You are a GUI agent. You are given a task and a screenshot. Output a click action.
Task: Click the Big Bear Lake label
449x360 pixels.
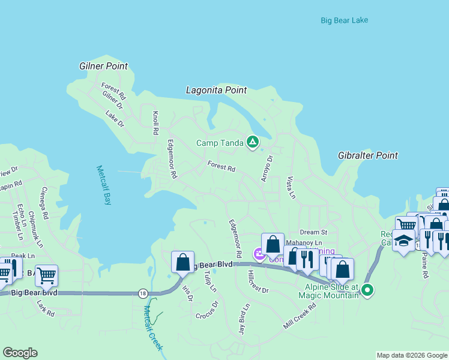[344, 20]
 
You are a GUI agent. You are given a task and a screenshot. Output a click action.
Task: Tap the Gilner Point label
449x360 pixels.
[104, 66]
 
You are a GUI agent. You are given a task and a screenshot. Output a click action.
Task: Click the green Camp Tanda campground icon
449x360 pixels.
[253, 142]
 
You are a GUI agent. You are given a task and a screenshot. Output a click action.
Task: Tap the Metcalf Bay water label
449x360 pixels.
[104, 185]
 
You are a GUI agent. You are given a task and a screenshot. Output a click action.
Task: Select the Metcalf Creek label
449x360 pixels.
[153, 328]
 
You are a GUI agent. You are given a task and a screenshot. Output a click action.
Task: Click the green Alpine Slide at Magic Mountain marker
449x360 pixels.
[367, 291]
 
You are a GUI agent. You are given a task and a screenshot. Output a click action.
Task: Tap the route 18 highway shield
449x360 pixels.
[142, 293]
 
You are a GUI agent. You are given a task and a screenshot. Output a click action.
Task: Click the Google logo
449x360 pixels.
[20, 353]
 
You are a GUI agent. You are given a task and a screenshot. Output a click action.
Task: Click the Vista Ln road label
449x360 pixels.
[291, 188]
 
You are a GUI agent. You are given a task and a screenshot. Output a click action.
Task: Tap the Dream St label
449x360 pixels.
[313, 232]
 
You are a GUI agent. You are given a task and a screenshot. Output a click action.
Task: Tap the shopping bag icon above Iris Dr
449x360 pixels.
[182, 262]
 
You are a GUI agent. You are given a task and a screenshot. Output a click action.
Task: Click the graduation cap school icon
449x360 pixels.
[404, 241]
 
